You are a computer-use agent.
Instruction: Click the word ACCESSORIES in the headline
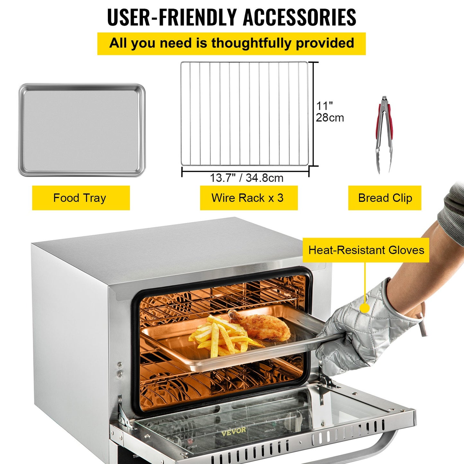point(299,17)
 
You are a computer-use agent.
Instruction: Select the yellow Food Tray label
point(81,198)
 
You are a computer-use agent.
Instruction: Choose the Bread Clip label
point(385,198)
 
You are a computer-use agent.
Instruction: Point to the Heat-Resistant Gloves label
point(366,250)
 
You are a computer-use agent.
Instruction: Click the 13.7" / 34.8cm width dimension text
point(246,178)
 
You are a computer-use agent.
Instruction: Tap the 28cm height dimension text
point(330,118)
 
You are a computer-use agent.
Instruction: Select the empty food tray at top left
point(82,130)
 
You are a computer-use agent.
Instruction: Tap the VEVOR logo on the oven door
point(233,431)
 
